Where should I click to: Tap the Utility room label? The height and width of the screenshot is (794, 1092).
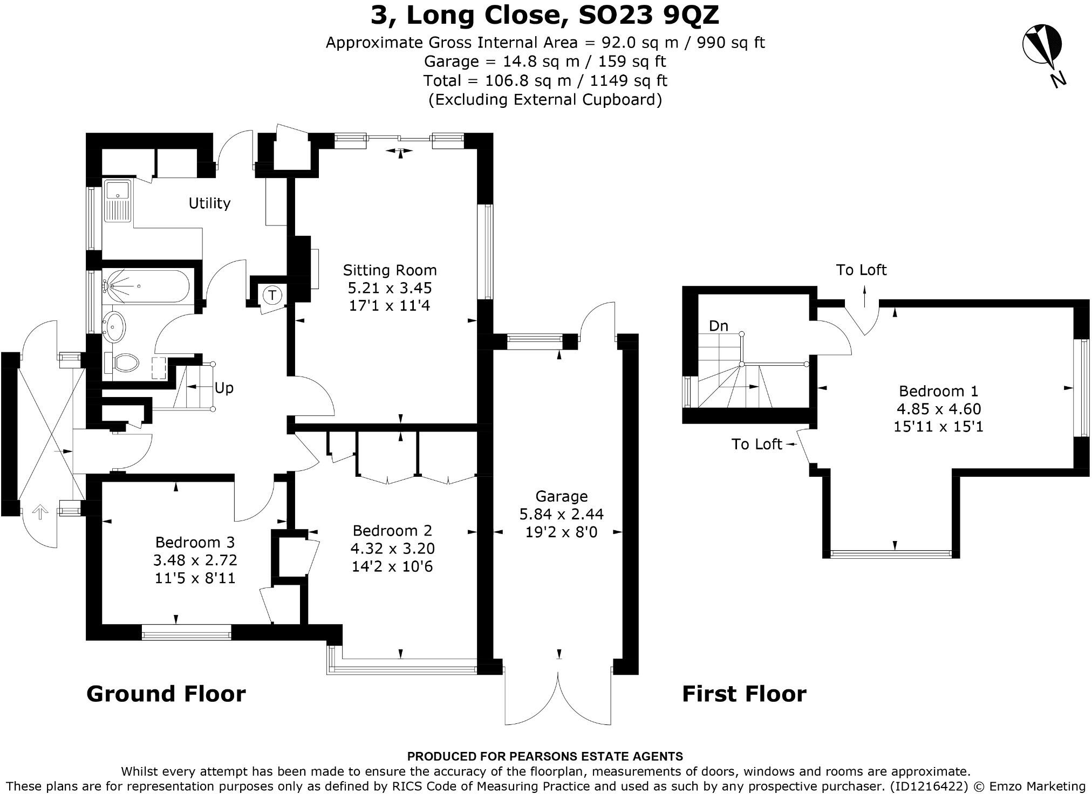209,203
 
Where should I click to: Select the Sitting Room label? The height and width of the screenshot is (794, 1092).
390,270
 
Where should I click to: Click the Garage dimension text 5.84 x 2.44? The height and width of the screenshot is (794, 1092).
561,514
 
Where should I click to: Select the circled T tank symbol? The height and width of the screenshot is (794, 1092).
272,295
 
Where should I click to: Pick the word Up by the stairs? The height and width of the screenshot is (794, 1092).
224,388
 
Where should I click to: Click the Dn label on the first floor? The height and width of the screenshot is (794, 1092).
719,326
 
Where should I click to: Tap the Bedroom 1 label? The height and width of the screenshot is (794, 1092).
938,391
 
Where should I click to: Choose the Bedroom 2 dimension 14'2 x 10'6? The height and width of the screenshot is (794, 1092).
392,566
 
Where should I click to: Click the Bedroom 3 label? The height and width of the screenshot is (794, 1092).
195,542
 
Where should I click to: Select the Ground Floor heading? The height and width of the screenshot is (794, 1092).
166,694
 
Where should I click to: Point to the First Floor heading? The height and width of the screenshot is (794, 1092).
744,694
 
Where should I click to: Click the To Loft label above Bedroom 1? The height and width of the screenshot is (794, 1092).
861,270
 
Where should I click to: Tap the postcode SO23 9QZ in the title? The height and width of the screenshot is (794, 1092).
649,15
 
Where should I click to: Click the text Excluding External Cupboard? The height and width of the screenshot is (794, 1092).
545,100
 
